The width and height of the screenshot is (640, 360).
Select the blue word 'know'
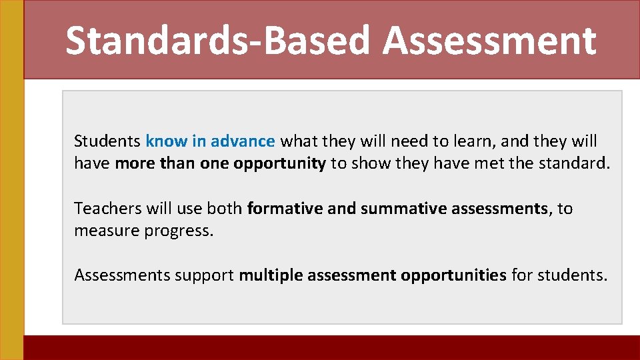[167, 141]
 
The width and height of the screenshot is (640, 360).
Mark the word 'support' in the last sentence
[204, 275]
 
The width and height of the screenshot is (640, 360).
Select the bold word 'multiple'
[271, 275]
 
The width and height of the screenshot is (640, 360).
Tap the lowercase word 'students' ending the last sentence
[571, 275]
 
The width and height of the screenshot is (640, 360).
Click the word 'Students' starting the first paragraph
[107, 141]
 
